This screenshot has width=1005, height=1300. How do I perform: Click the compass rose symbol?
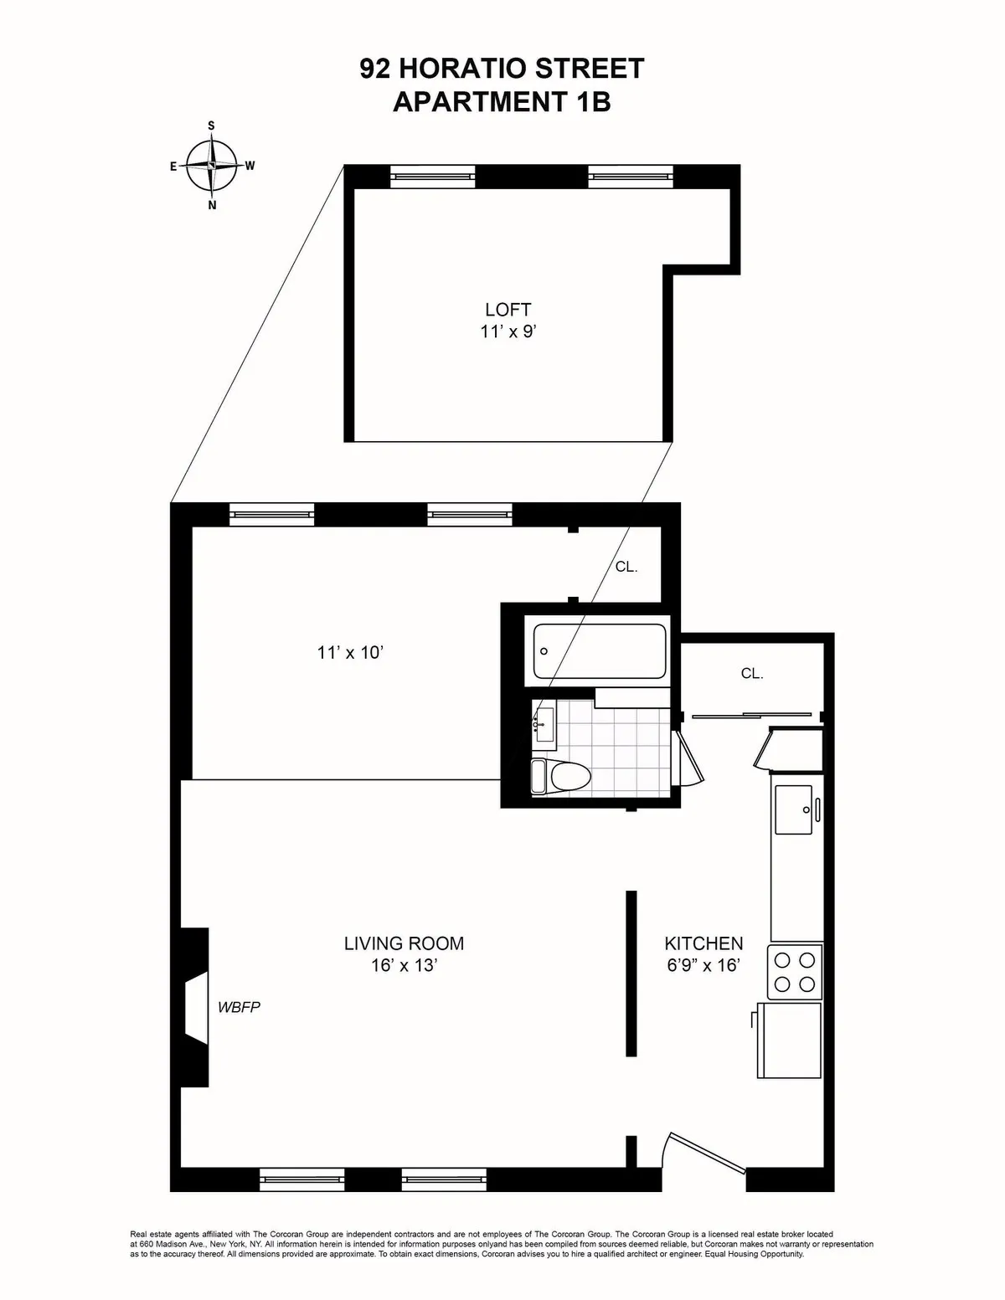pyautogui.click(x=212, y=166)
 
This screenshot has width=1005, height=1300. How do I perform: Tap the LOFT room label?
pyautogui.click(x=508, y=310)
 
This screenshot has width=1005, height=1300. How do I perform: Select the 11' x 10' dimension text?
pyautogui.click(x=350, y=652)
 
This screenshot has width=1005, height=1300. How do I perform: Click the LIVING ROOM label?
pyautogui.click(x=404, y=943)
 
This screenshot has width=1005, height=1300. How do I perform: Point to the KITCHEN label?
pyautogui.click(x=703, y=943)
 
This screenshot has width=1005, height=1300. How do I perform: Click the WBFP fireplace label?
pyautogui.click(x=239, y=1007)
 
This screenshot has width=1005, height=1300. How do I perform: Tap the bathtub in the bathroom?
pyautogui.click(x=601, y=651)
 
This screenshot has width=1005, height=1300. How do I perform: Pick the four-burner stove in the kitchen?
pyautogui.click(x=796, y=971)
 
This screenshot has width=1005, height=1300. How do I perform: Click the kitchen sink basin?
pyautogui.click(x=794, y=809)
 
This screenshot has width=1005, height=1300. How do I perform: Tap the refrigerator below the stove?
pyautogui.click(x=790, y=1040)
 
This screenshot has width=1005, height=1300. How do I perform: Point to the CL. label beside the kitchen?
pyautogui.click(x=752, y=673)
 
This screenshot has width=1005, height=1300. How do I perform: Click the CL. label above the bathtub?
pyautogui.click(x=626, y=567)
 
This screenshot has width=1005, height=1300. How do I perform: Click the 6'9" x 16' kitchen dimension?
pyautogui.click(x=703, y=965)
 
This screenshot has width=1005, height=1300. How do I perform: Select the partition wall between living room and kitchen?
pyautogui.click(x=631, y=974)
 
